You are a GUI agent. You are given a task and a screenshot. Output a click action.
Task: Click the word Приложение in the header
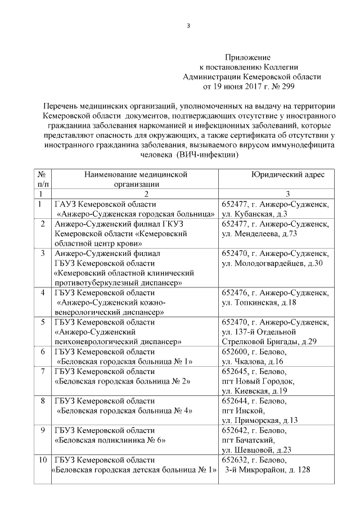[x=247, y=57]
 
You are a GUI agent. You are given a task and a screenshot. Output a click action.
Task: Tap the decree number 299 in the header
[x=286, y=87]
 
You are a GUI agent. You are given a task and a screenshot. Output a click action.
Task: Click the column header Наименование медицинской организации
[x=135, y=179]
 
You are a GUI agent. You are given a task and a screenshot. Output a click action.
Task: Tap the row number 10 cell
[x=43, y=460]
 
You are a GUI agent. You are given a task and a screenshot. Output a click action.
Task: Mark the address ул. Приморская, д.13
[x=260, y=420]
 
